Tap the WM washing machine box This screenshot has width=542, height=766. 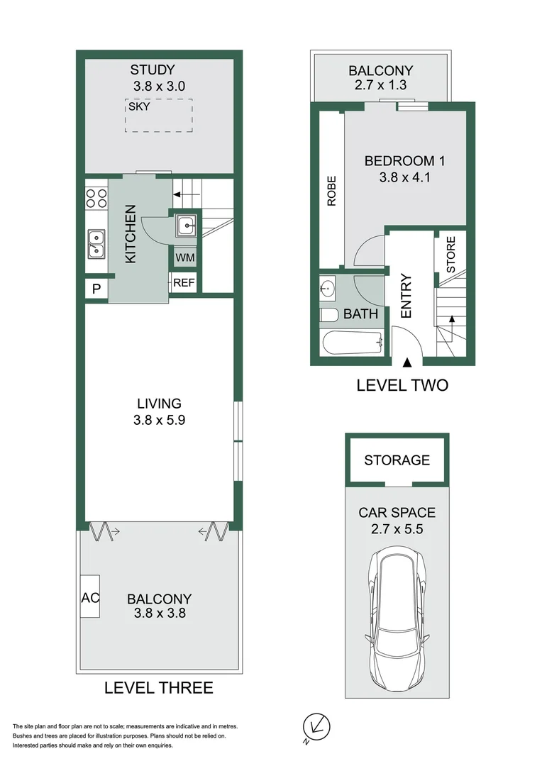pyautogui.click(x=184, y=256)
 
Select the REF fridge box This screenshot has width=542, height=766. pyautogui.click(x=184, y=283)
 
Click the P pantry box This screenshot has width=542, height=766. pyautogui.click(x=95, y=289)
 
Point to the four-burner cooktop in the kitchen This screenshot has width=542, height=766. pyautogui.click(x=96, y=196)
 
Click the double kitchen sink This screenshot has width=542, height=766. pyautogui.click(x=95, y=243)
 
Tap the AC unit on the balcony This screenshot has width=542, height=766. pyautogui.click(x=90, y=596)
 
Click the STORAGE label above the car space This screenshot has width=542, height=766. pyautogui.click(x=397, y=460)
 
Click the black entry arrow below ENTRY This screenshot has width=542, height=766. pyautogui.click(x=407, y=363)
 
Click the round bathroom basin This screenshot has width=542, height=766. pyautogui.click(x=328, y=288)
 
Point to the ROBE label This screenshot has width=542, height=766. pyautogui.click(x=331, y=191)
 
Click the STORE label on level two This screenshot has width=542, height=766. pyautogui.click(x=450, y=254)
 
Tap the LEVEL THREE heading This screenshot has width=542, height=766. pyautogui.click(x=158, y=687)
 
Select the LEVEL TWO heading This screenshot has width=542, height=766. pyautogui.click(x=402, y=385)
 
